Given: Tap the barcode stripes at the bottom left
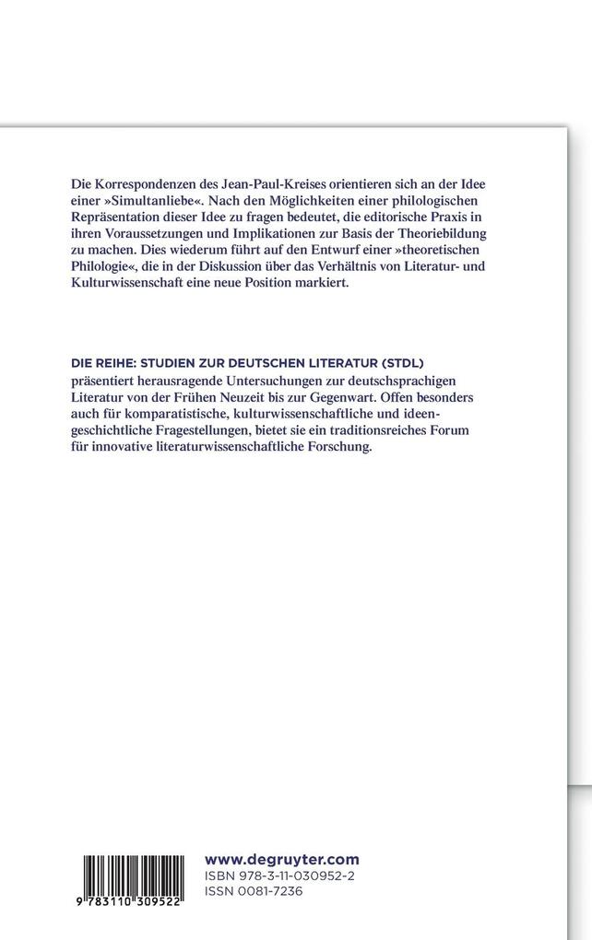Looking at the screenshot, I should [136, 880].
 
